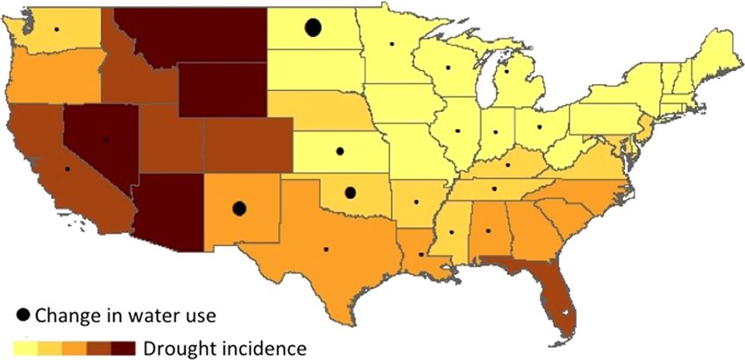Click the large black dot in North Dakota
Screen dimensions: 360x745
[312, 28]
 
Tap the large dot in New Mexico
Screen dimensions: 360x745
[238, 208]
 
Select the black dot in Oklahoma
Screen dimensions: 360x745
[350, 193]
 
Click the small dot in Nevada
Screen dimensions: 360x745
[105, 139]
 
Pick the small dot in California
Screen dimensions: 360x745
[67, 169]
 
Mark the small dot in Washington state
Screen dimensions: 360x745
[56, 30]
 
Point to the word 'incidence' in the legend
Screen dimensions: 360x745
[263, 348]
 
